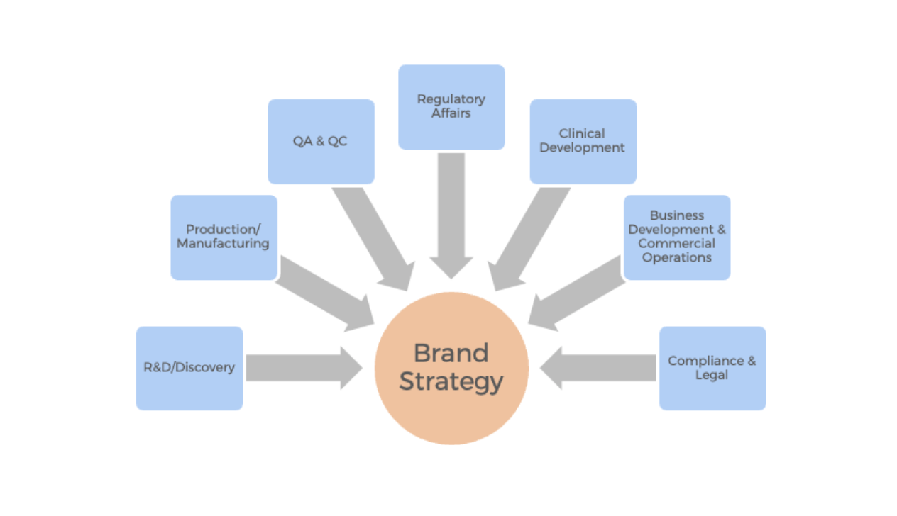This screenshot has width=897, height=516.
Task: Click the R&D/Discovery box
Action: (x=189, y=368)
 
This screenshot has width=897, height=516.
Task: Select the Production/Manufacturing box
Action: (x=224, y=237)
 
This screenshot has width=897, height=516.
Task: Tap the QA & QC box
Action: (x=321, y=141)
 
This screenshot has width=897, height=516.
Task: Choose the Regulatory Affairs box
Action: (x=451, y=107)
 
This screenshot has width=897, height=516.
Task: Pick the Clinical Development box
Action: (x=583, y=141)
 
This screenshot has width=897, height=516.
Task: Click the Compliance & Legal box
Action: (x=712, y=368)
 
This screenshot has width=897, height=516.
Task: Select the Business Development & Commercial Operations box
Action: (x=676, y=237)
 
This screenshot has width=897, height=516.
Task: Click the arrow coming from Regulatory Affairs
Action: (x=451, y=213)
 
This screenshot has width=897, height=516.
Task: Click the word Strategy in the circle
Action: (x=451, y=381)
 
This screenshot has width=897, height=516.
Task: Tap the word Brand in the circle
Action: (x=451, y=353)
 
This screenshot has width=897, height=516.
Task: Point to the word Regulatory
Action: (x=451, y=99)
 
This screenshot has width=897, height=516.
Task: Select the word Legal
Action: (x=712, y=375)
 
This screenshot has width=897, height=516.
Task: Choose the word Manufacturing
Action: (x=224, y=244)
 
